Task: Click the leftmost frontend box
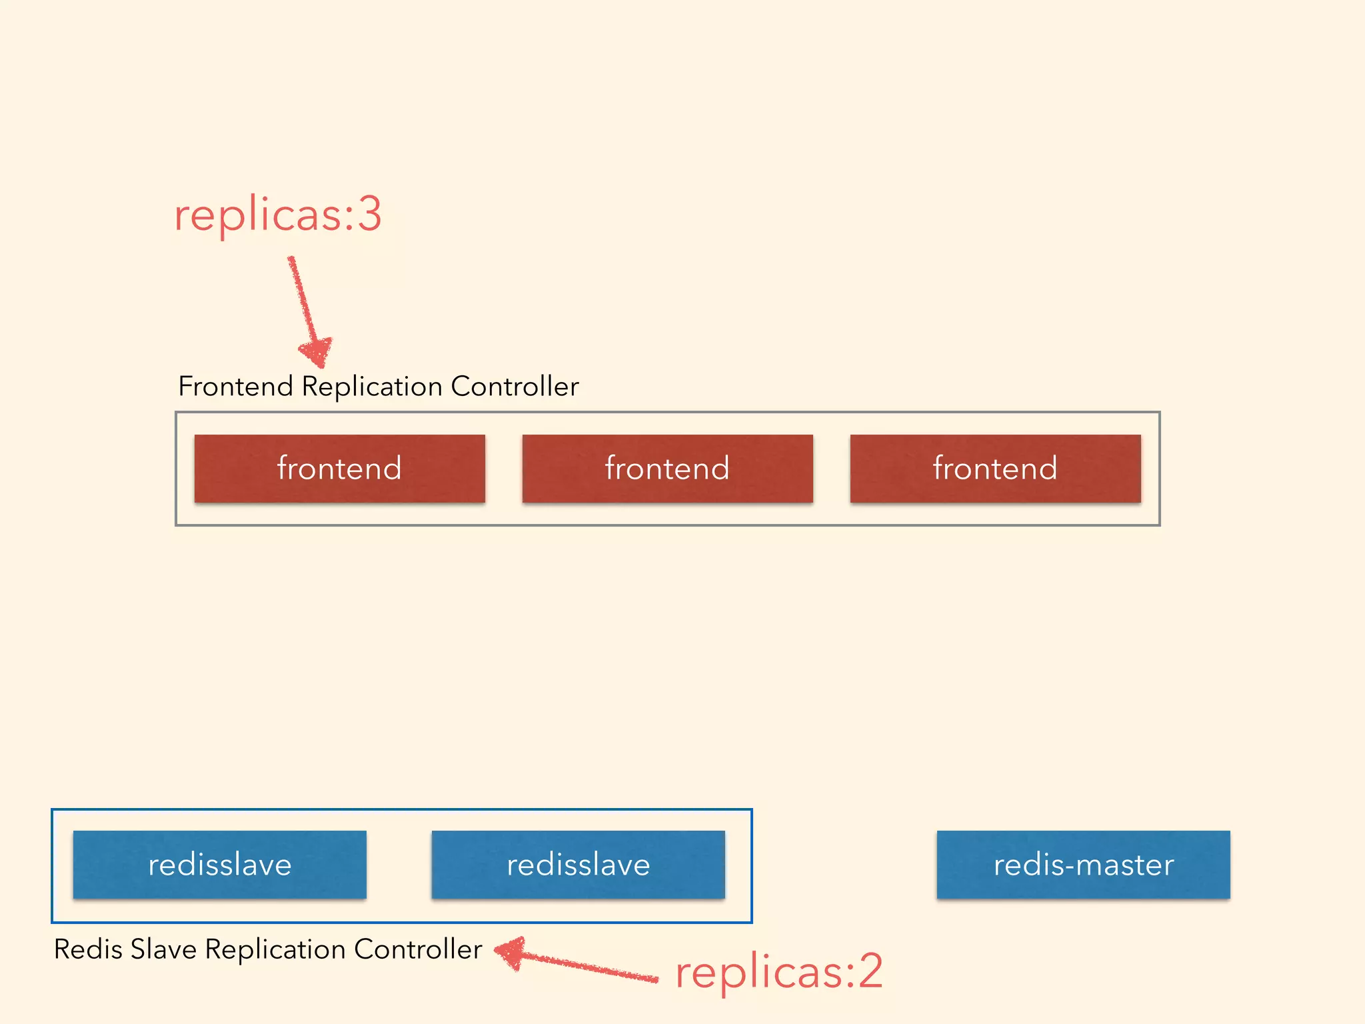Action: click(339, 468)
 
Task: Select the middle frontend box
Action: click(667, 468)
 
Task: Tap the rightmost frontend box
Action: click(995, 468)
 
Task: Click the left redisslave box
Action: click(219, 865)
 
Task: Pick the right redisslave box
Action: click(578, 865)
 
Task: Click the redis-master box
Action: click(1083, 865)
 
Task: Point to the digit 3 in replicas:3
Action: click(369, 215)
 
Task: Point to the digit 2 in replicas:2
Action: click(870, 971)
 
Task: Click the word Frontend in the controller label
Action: click(235, 387)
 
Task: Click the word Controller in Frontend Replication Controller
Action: click(515, 387)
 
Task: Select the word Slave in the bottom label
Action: click(163, 949)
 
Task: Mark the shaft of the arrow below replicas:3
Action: click(301, 300)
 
